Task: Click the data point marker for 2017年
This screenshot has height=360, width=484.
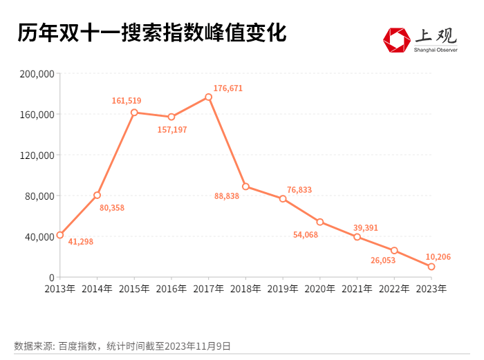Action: coord(208,97)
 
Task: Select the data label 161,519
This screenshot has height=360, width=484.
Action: coord(127,101)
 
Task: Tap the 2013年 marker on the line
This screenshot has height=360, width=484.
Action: coord(60,235)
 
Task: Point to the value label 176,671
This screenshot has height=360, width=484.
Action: coord(228,88)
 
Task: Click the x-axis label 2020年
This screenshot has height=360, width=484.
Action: coord(320,289)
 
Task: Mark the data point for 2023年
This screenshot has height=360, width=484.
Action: coord(431,267)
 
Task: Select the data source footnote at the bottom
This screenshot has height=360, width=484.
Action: coord(122,345)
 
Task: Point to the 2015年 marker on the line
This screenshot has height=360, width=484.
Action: coord(134,112)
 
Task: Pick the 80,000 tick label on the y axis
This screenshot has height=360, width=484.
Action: coord(41,196)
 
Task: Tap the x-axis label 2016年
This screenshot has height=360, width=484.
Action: coord(171,289)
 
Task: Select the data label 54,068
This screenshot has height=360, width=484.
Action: coord(306,235)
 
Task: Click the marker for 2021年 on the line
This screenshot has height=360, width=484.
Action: coord(357,237)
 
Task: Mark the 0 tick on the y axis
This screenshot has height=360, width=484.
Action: coord(51,278)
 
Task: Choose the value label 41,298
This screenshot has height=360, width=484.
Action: coord(80,242)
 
